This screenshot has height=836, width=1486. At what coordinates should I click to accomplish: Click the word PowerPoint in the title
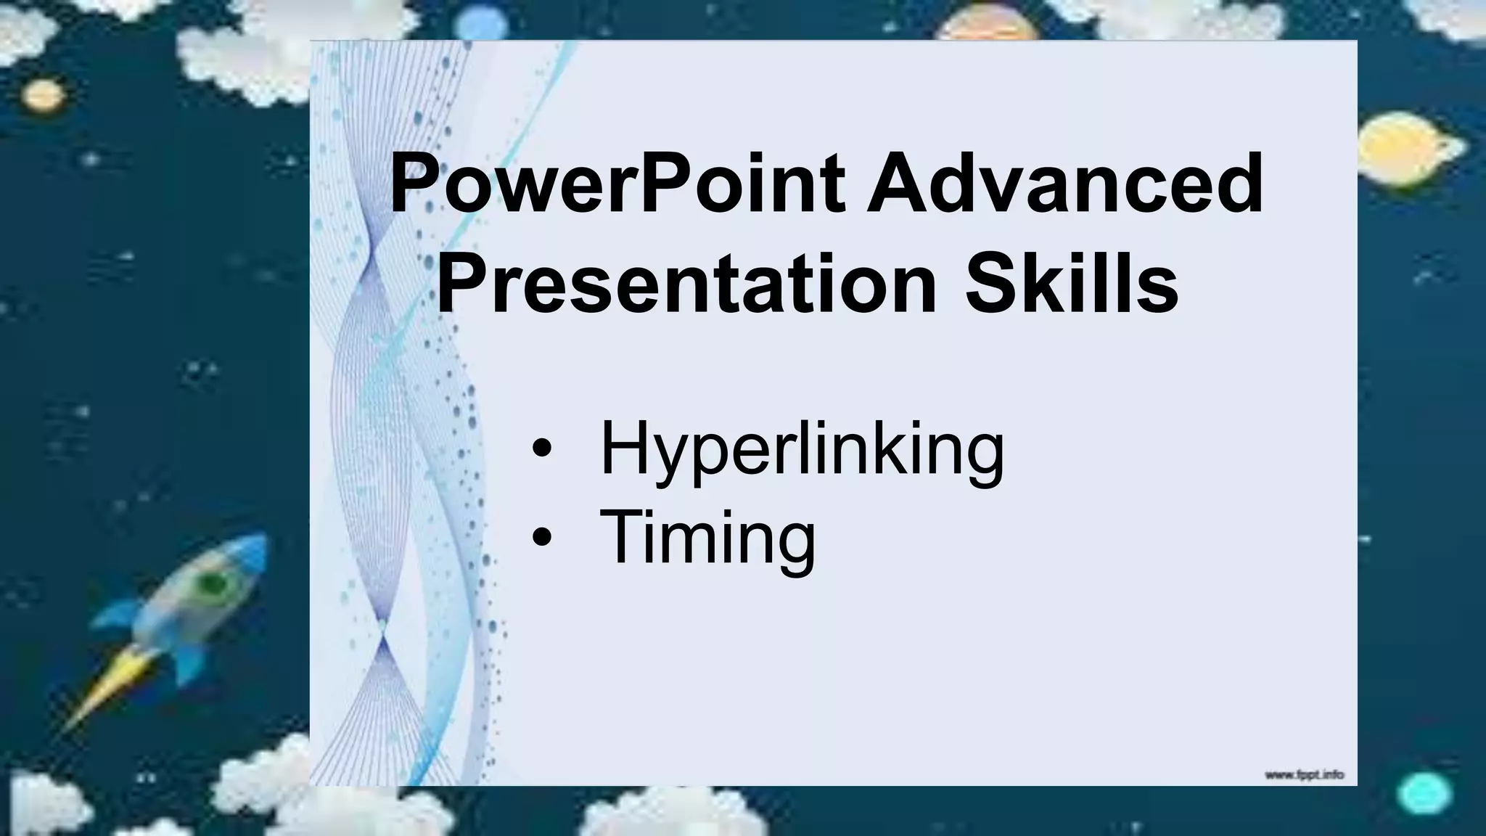(617, 185)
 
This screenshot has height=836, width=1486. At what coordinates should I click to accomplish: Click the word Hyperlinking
(802, 450)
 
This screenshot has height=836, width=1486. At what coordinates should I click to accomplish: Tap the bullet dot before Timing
(541, 538)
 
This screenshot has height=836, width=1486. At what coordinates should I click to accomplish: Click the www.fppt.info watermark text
(1304, 776)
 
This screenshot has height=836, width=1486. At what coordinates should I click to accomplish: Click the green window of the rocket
(213, 583)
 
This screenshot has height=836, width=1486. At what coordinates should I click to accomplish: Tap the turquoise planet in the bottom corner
(1423, 794)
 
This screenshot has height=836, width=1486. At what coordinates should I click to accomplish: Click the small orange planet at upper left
(44, 94)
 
